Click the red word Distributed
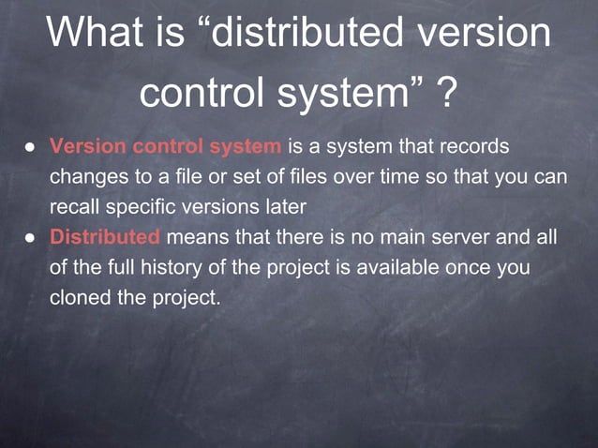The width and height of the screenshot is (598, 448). pos(105,237)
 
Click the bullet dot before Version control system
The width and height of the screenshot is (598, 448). pos(30,147)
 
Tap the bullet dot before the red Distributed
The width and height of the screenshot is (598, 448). pos(30,238)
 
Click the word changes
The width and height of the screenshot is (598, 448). pos(89,176)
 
